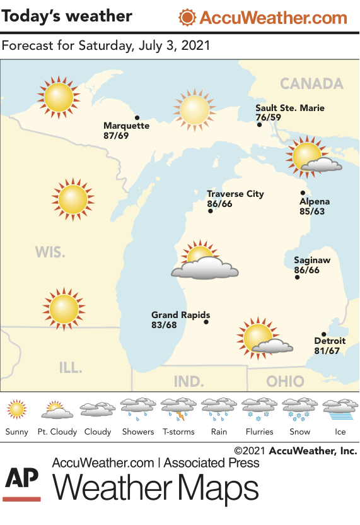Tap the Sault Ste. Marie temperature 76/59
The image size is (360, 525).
point(269,117)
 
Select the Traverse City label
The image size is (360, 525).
point(235,194)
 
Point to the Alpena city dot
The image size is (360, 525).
point(303,193)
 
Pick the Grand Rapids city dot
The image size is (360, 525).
point(206,322)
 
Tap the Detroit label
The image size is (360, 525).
point(330,341)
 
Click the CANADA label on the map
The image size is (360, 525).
point(311,84)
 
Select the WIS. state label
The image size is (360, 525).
point(50,252)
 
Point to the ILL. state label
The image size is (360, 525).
point(70,367)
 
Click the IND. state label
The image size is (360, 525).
point(189,382)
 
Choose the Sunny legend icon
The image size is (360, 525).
point(17,410)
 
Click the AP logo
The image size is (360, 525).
point(22,485)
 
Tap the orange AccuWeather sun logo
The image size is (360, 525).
point(187,17)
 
